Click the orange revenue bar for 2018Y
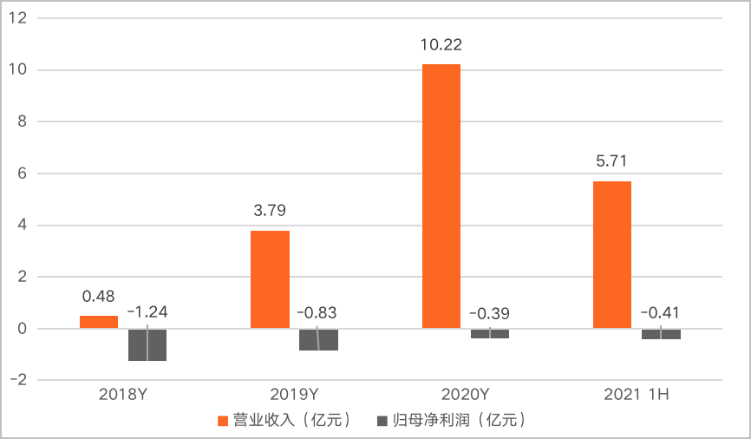(99, 322)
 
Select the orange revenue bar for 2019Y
(270, 279)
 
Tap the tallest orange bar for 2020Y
(441, 196)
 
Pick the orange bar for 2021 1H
(612, 255)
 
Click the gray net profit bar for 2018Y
(147, 344)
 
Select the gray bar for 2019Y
(318, 339)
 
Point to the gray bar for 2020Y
(490, 333)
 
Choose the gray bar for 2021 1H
(661, 334)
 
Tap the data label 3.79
(270, 210)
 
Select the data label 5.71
(612, 161)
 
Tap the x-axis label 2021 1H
(637, 395)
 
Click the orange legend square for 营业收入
(223, 421)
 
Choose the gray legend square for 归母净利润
(381, 421)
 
